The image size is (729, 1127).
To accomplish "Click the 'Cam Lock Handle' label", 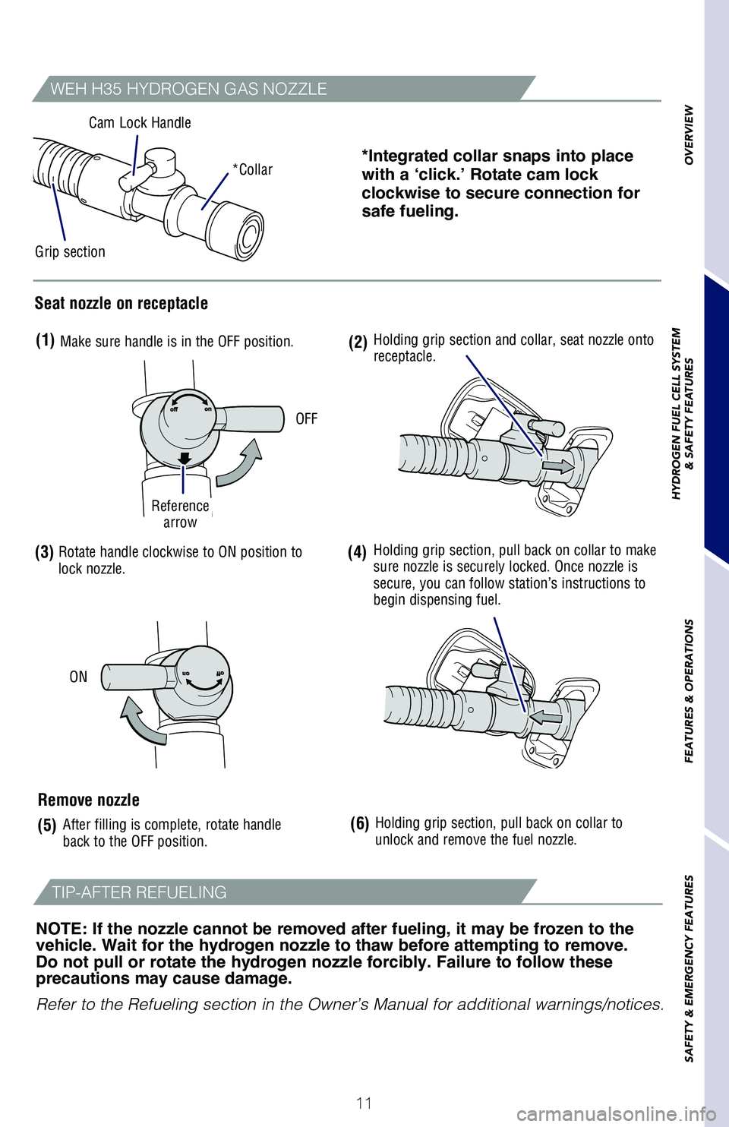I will [x=140, y=123].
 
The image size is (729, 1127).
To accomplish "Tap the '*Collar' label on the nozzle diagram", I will [x=253, y=170].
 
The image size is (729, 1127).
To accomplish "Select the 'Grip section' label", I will [x=70, y=252].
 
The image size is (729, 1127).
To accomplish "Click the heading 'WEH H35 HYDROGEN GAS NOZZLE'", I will [x=188, y=89].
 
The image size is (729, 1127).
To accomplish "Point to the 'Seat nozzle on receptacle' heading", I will [x=121, y=304].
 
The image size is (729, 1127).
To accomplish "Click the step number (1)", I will [x=45, y=340].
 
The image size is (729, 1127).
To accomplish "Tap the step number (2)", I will [x=358, y=343].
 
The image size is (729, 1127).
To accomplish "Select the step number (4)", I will [x=357, y=552].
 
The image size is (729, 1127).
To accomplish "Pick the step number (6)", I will [x=359, y=824].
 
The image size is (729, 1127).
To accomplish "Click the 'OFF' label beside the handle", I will [x=306, y=419].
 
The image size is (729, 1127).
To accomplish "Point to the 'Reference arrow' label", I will [x=180, y=514].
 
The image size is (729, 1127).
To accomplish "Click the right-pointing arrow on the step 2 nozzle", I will [x=558, y=466].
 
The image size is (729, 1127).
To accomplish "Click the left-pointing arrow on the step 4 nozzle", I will [x=545, y=717].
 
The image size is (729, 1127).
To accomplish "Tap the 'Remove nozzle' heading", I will [x=89, y=800].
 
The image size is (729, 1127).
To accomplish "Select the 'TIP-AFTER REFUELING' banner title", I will [x=139, y=892].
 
